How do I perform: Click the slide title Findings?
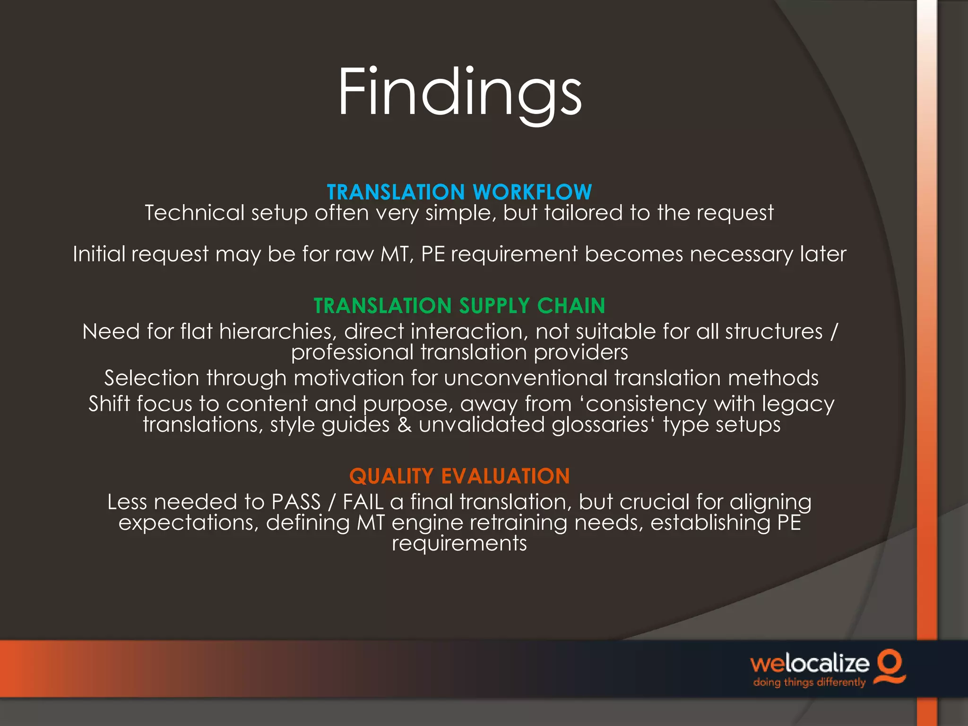tap(459, 92)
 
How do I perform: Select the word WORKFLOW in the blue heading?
tap(532, 192)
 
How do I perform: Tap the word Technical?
tap(194, 213)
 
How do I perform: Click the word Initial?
tap(99, 254)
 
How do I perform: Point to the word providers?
tap(581, 352)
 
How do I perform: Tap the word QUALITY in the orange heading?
tap(391, 476)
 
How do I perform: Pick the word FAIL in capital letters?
tap(363, 502)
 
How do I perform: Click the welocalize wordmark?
tap(810, 664)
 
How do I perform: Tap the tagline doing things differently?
tap(809, 683)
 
